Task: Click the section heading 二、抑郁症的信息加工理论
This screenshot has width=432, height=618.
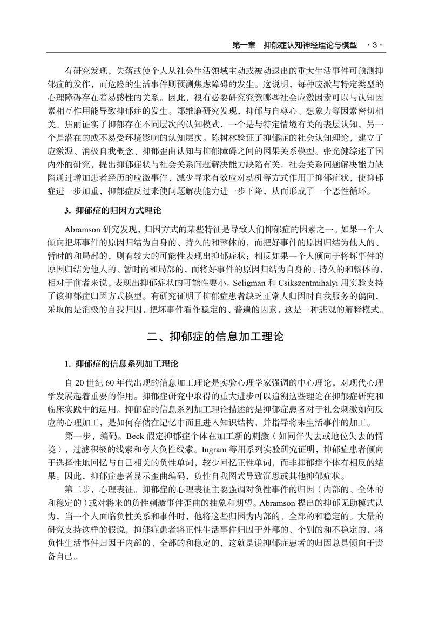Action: click(215, 337)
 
